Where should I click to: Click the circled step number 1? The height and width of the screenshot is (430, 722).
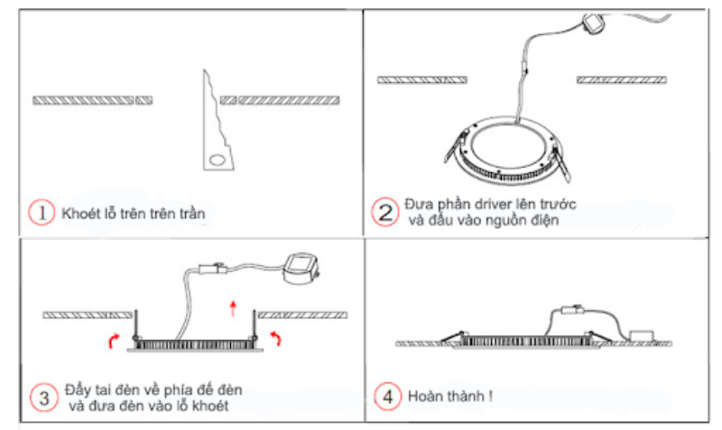pos(42,214)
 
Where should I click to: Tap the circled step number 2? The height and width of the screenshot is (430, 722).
pos(384,212)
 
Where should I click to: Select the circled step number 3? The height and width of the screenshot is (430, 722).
pos(42,396)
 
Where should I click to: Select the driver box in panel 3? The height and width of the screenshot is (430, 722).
pos(300,267)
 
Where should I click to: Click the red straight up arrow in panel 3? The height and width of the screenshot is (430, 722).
pos(233,309)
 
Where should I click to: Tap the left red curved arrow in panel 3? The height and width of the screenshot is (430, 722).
pos(112,339)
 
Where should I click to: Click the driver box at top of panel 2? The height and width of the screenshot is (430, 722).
pos(595,24)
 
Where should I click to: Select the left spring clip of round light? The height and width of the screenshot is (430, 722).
pos(454,144)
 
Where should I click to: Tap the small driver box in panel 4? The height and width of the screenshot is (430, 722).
pos(643,334)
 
